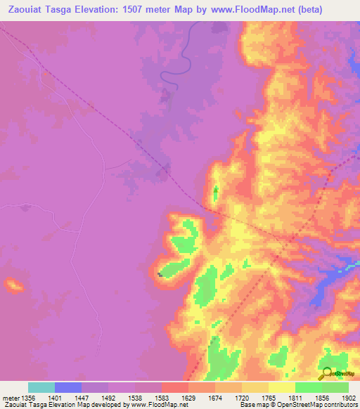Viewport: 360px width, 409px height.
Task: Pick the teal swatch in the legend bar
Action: [x=41, y=387]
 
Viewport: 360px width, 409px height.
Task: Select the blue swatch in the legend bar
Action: [x=68, y=387]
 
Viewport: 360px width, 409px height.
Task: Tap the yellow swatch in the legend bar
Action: [x=282, y=387]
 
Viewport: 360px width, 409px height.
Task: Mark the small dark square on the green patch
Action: [x=161, y=274]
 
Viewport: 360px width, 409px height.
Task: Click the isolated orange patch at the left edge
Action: [x=13, y=285]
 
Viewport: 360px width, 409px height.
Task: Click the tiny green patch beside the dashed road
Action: [x=215, y=191]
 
